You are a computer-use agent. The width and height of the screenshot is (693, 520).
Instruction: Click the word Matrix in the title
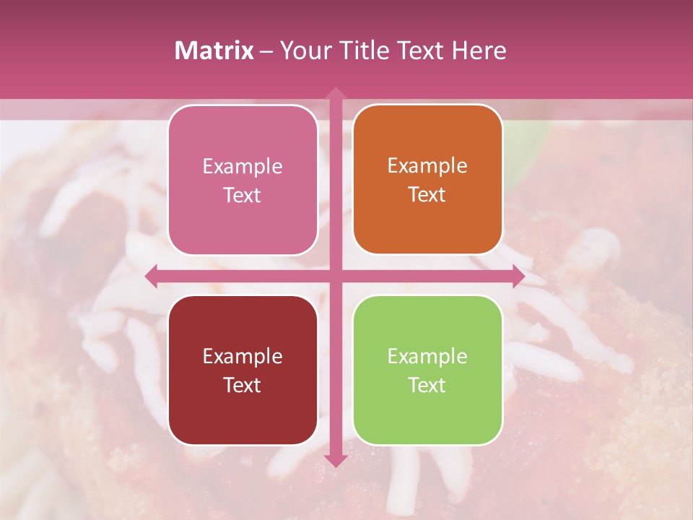tap(214, 51)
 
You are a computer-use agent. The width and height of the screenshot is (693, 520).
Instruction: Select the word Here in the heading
tap(479, 51)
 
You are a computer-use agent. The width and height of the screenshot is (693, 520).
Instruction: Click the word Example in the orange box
tap(427, 166)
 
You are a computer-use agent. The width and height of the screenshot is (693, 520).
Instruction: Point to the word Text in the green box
tap(427, 385)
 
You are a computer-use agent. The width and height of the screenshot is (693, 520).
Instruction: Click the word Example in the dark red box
tap(243, 356)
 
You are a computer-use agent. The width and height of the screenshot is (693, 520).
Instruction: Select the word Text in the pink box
tap(243, 195)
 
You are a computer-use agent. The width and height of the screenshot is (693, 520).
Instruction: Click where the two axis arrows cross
tap(335, 276)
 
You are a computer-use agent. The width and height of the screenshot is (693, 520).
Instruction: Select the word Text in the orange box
tap(427, 195)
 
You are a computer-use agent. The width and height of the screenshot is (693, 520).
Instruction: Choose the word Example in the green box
tap(427, 356)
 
